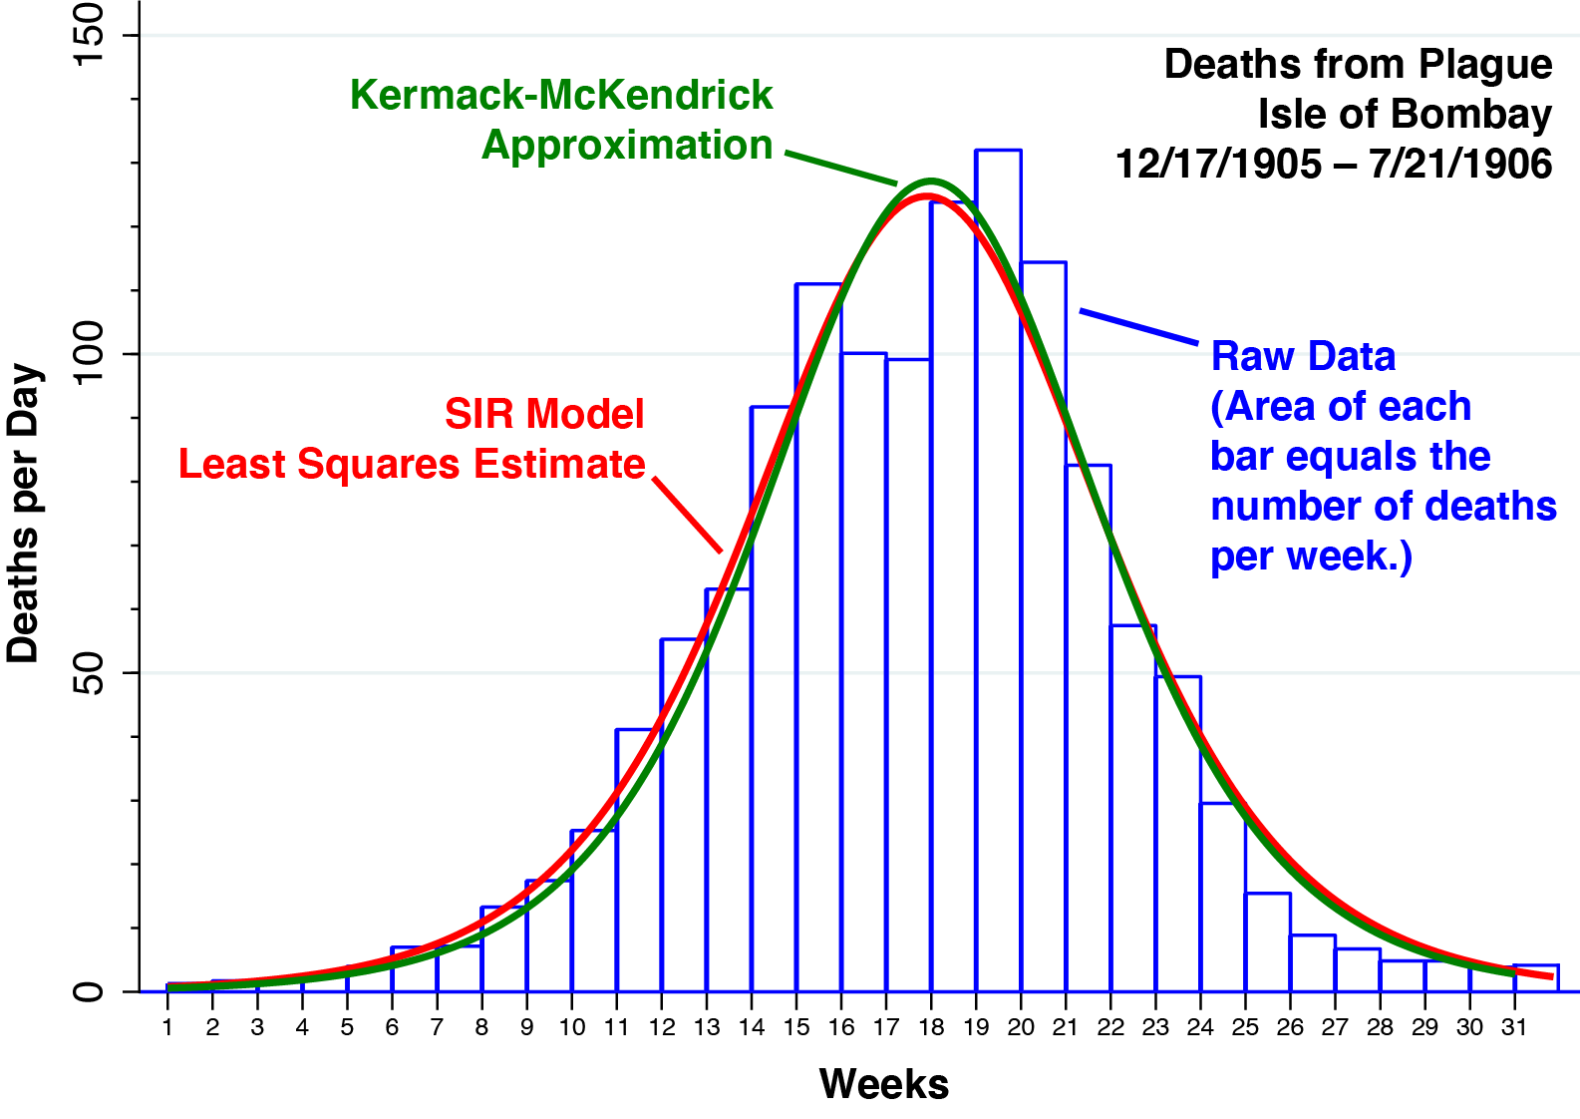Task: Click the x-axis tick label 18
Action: pyautogui.click(x=930, y=1027)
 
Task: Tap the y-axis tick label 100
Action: pyautogui.click(x=90, y=354)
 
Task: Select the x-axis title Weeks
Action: pyautogui.click(x=883, y=1084)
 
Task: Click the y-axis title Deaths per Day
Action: pyautogui.click(x=24, y=514)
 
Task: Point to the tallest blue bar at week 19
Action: pyautogui.click(x=998, y=568)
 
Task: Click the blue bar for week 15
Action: pyautogui.click(x=818, y=638)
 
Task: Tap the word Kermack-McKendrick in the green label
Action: pyautogui.click(x=561, y=96)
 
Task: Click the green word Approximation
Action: pyautogui.click(x=627, y=146)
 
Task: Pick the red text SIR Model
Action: pyautogui.click(x=544, y=414)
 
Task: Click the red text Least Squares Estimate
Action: pyautogui.click(x=412, y=465)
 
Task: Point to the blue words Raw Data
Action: pyautogui.click(x=1303, y=356)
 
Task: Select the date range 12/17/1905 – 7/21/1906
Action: pyautogui.click(x=1333, y=165)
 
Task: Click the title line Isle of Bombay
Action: pyautogui.click(x=1404, y=115)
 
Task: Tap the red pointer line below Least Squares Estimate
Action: pyautogui.click(x=688, y=515)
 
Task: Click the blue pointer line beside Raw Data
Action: pyautogui.click(x=1138, y=327)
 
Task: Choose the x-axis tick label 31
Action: pyautogui.click(x=1514, y=1027)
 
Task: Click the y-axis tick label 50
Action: pyautogui.click(x=90, y=673)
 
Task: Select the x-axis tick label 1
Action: pyautogui.click(x=167, y=1027)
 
